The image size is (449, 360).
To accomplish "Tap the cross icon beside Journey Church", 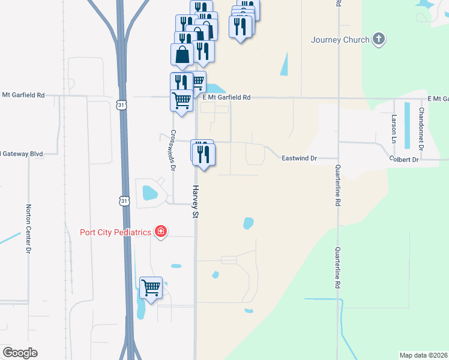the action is [x=378, y=40].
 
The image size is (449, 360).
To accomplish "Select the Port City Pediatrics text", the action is [x=116, y=232].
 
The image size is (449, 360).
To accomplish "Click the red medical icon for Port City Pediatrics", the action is [x=160, y=232].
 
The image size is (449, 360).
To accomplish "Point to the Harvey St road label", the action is [x=196, y=201].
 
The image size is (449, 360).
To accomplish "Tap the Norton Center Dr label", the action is [x=28, y=229].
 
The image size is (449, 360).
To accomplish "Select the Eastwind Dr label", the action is [x=300, y=158].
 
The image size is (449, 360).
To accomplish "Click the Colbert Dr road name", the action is [x=403, y=160].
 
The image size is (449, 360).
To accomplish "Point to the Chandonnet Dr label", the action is [x=421, y=128].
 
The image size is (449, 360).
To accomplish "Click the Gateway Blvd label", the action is [x=22, y=154].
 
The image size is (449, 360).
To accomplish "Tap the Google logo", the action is [x=20, y=353].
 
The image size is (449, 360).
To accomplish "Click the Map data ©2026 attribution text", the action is [x=423, y=355].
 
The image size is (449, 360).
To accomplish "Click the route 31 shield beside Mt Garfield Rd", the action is [x=122, y=105].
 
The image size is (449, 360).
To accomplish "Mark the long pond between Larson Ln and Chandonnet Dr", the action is [x=408, y=125].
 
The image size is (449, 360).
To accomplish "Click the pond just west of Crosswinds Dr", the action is [x=148, y=193].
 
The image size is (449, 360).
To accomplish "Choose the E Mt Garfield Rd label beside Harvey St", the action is [x=226, y=97].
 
